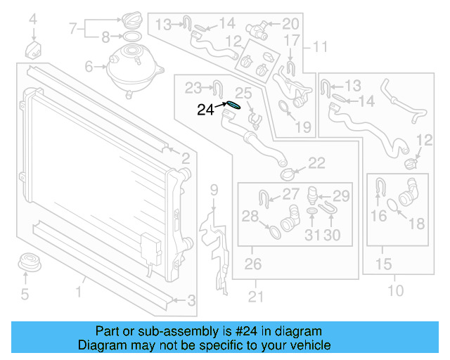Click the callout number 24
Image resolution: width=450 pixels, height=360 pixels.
[205, 109]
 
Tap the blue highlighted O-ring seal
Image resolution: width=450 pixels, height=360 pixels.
[232, 106]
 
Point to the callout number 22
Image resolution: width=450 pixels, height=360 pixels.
[316, 163]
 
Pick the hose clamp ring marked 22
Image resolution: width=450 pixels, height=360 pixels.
[288, 173]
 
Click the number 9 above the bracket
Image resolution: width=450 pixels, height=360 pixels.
[214, 189]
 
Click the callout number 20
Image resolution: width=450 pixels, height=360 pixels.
[290, 25]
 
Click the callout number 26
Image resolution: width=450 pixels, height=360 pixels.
[252, 264]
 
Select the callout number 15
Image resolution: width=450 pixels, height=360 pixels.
[383, 264]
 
